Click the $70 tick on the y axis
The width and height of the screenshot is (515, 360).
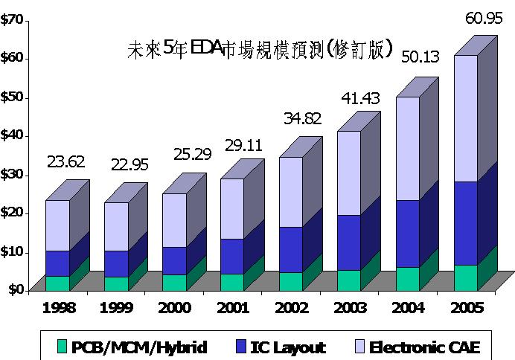coord(11,20)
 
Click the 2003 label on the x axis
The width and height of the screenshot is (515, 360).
coord(350,307)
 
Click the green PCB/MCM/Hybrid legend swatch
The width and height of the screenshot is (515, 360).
coord(63,347)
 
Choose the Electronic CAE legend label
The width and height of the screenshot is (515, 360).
coord(425,347)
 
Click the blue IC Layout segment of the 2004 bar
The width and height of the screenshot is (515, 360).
coord(407,234)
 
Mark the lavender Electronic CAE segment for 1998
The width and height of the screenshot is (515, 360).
coord(57,225)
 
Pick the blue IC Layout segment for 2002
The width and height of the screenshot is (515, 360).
coord(290,250)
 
